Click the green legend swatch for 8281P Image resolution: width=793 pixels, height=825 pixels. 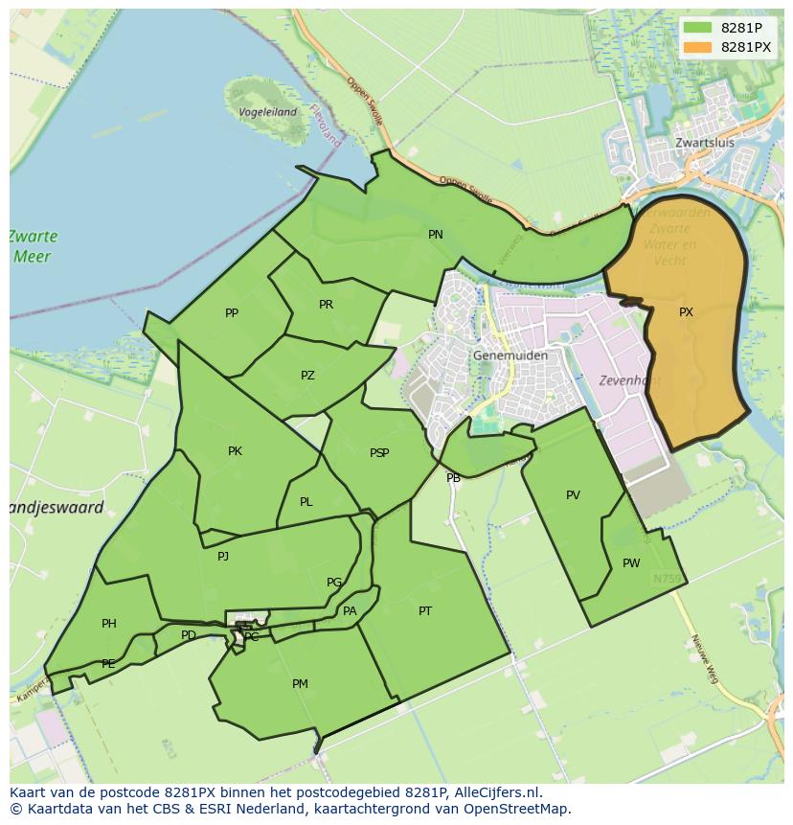tap(698, 28)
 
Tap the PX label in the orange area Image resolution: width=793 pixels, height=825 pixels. tap(686, 312)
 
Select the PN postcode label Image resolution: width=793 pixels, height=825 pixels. tap(436, 235)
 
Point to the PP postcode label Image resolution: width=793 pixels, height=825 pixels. tap(232, 313)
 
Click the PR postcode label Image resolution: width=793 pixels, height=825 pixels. tap(326, 305)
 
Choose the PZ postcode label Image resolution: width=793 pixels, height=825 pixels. tap(307, 376)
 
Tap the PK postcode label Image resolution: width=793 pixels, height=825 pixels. tap(235, 451)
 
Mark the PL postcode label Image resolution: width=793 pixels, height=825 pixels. tap(306, 502)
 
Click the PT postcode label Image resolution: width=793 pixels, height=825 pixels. tap(425, 611)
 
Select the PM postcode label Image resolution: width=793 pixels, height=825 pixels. tap(300, 684)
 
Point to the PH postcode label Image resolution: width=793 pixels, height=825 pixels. tap(109, 624)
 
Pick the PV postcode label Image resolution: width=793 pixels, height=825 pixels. tap(573, 495)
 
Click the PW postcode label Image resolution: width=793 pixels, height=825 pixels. tap(631, 563)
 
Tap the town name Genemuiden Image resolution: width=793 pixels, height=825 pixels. tap(510, 355)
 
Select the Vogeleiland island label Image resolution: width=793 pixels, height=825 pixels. tap(266, 112)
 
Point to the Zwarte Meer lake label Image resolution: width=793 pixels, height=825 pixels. tap(34, 246)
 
